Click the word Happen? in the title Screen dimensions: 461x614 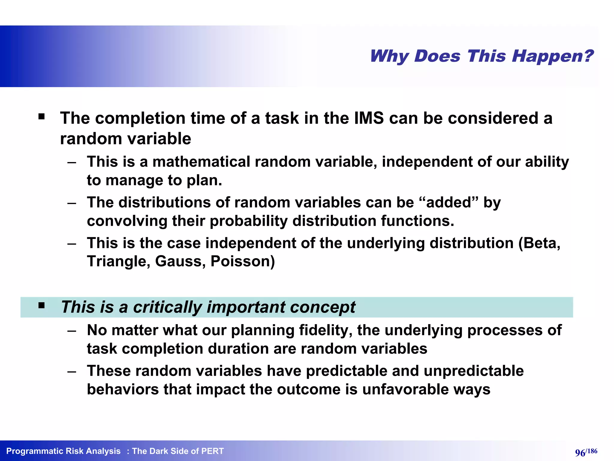pyautogui.click(x=552, y=56)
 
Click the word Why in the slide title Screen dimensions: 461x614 pyautogui.click(x=389, y=56)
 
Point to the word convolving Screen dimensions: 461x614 pyautogui.click(x=127, y=221)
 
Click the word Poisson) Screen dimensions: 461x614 pyautogui.click(x=243, y=261)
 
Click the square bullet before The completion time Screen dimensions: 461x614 pyautogui.click(x=41, y=116)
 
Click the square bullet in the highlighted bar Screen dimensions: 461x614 pyautogui.click(x=41, y=306)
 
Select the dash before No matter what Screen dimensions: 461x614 pyautogui.click(x=72, y=330)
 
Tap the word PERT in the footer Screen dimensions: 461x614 pyautogui.click(x=212, y=451)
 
